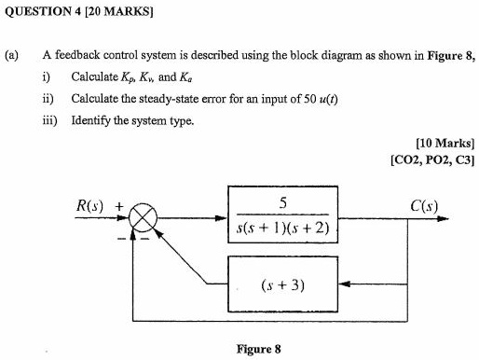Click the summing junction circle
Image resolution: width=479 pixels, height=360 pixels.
point(143,222)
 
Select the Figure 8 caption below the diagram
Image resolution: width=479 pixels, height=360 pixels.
point(258,350)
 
